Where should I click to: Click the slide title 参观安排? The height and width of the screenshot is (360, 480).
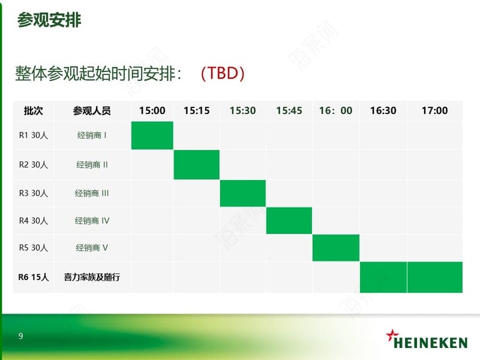49,20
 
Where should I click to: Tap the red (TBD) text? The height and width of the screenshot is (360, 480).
223,73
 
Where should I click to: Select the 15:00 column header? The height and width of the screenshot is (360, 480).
152,110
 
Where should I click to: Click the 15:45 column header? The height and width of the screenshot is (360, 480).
289,110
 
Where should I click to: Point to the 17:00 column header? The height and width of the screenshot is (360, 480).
434,110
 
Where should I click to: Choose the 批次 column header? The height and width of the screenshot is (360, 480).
34,110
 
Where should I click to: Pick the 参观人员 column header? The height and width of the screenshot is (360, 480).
92,110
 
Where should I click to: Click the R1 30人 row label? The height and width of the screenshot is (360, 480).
34,136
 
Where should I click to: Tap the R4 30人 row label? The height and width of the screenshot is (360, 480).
34,221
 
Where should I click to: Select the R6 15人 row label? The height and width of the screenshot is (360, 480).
34,277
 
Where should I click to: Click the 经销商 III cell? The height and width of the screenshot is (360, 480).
92,193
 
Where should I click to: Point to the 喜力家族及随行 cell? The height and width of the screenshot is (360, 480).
92,277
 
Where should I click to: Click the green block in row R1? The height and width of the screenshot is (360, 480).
152,136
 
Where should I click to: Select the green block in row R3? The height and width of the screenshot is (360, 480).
243,193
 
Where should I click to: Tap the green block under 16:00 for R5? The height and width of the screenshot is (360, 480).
336,248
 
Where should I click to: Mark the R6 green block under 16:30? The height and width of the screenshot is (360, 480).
383,277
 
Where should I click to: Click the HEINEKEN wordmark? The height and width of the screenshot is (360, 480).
430,343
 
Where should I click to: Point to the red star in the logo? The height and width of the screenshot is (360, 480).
392,335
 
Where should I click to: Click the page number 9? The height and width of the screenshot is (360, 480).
20,336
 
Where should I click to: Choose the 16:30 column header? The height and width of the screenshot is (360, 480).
383,110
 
